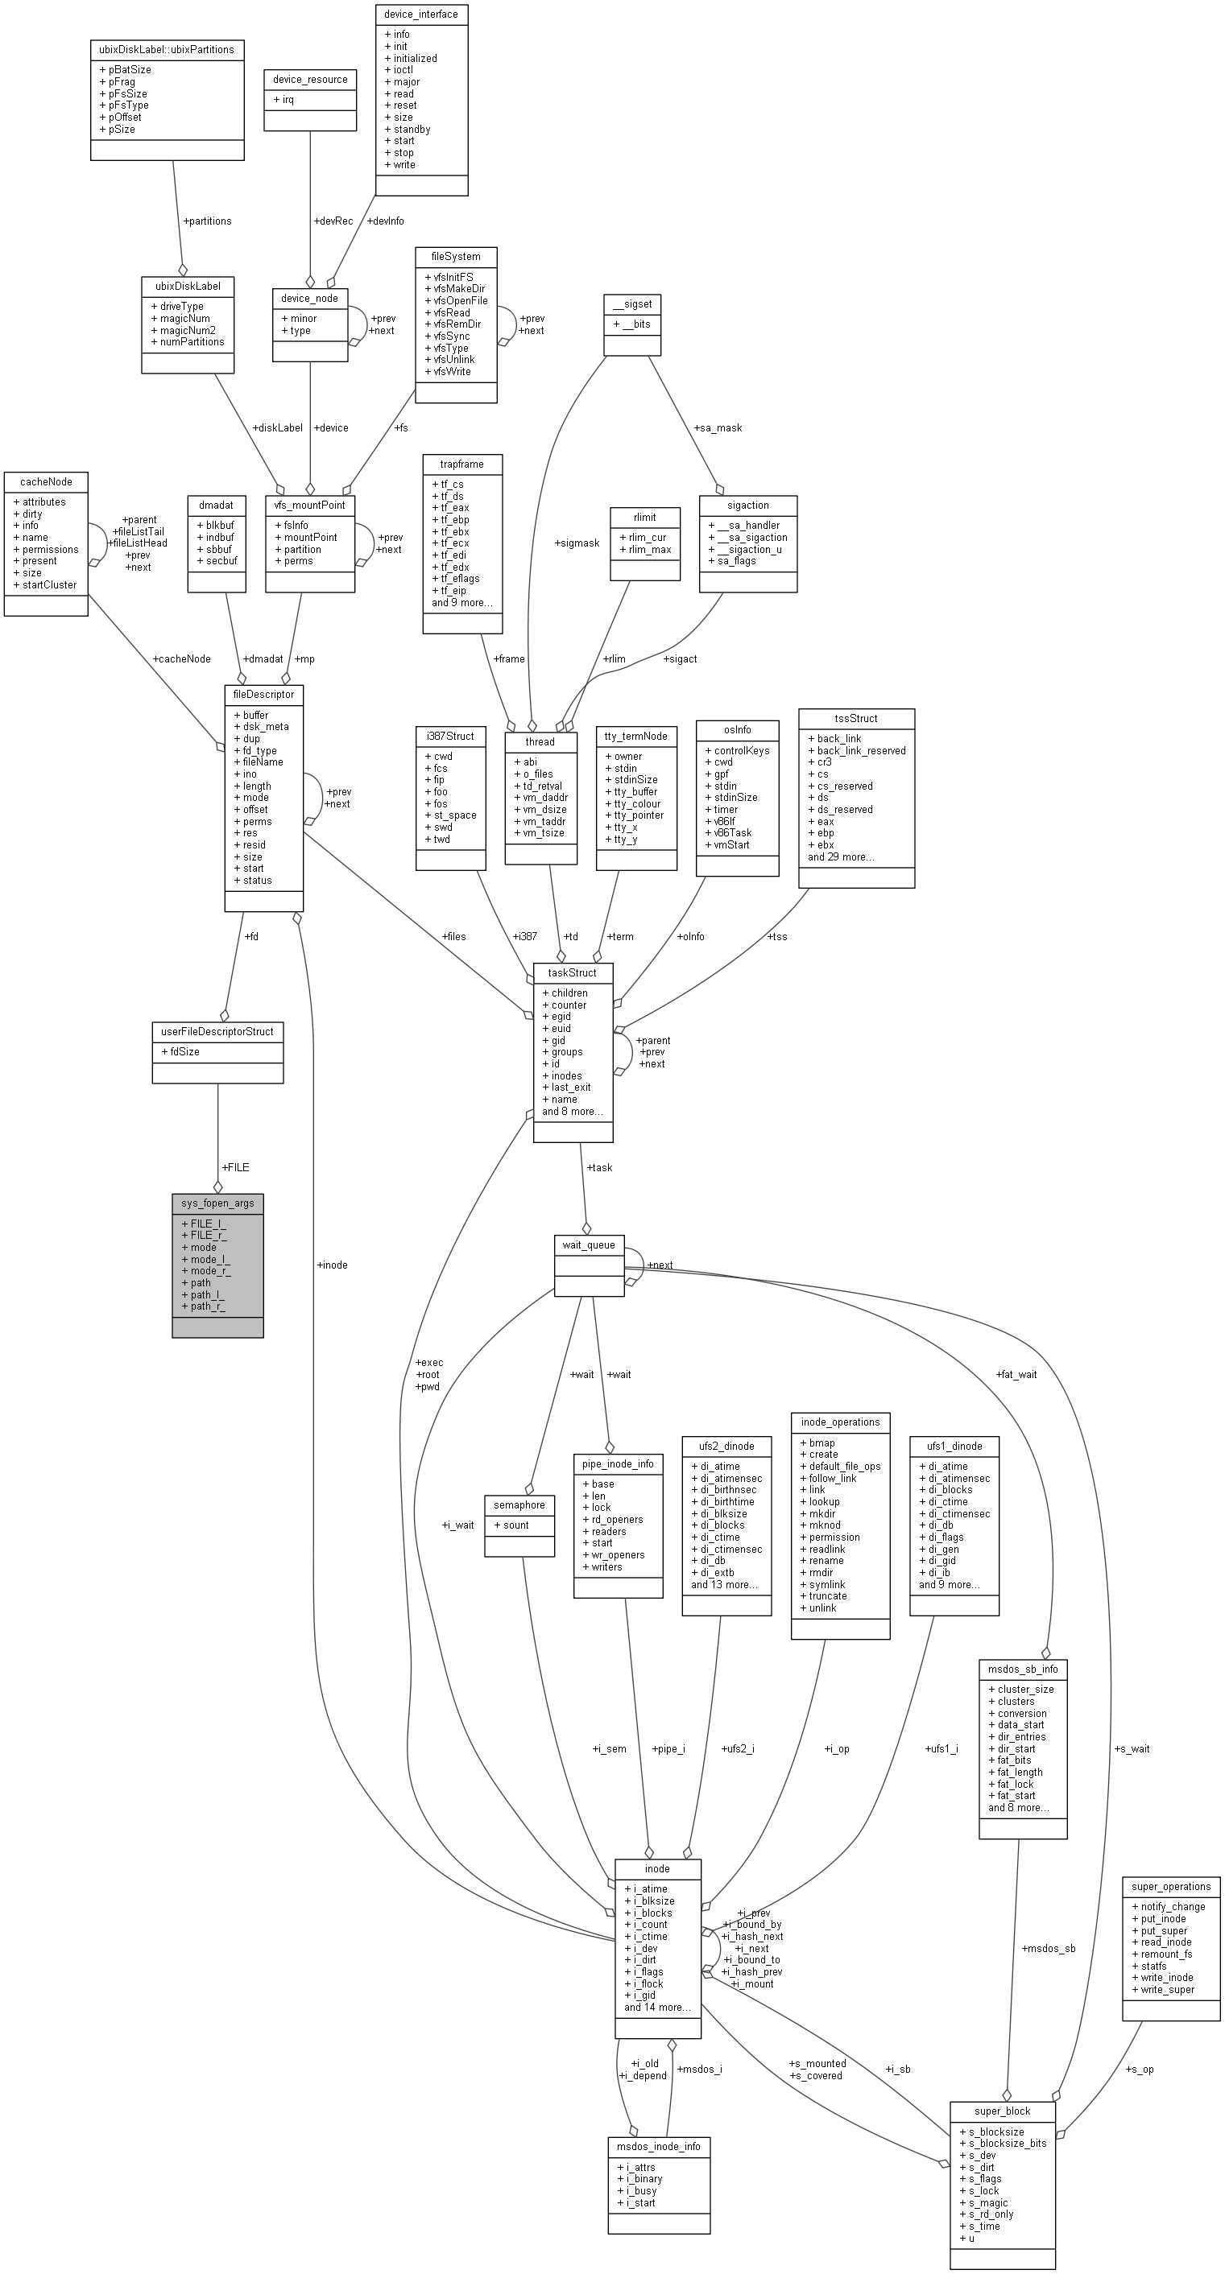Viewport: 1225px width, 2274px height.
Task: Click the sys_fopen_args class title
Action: tap(217, 1203)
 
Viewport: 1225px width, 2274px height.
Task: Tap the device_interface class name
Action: tap(421, 14)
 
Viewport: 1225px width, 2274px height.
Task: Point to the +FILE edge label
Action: tap(236, 1167)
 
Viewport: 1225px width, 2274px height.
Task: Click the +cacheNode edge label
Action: tap(182, 658)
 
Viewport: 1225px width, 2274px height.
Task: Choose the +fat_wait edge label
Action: tap(1016, 1375)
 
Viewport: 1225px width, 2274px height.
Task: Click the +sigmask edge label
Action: tap(577, 543)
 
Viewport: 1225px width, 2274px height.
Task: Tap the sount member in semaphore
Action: tap(512, 1525)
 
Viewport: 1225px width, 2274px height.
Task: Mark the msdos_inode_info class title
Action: tap(658, 2146)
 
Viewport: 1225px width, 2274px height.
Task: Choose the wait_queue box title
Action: tap(589, 1244)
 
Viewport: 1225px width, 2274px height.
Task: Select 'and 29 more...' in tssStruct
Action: tap(842, 856)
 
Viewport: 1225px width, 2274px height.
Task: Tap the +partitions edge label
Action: tap(208, 221)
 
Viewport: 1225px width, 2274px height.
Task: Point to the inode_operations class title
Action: tap(840, 1422)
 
